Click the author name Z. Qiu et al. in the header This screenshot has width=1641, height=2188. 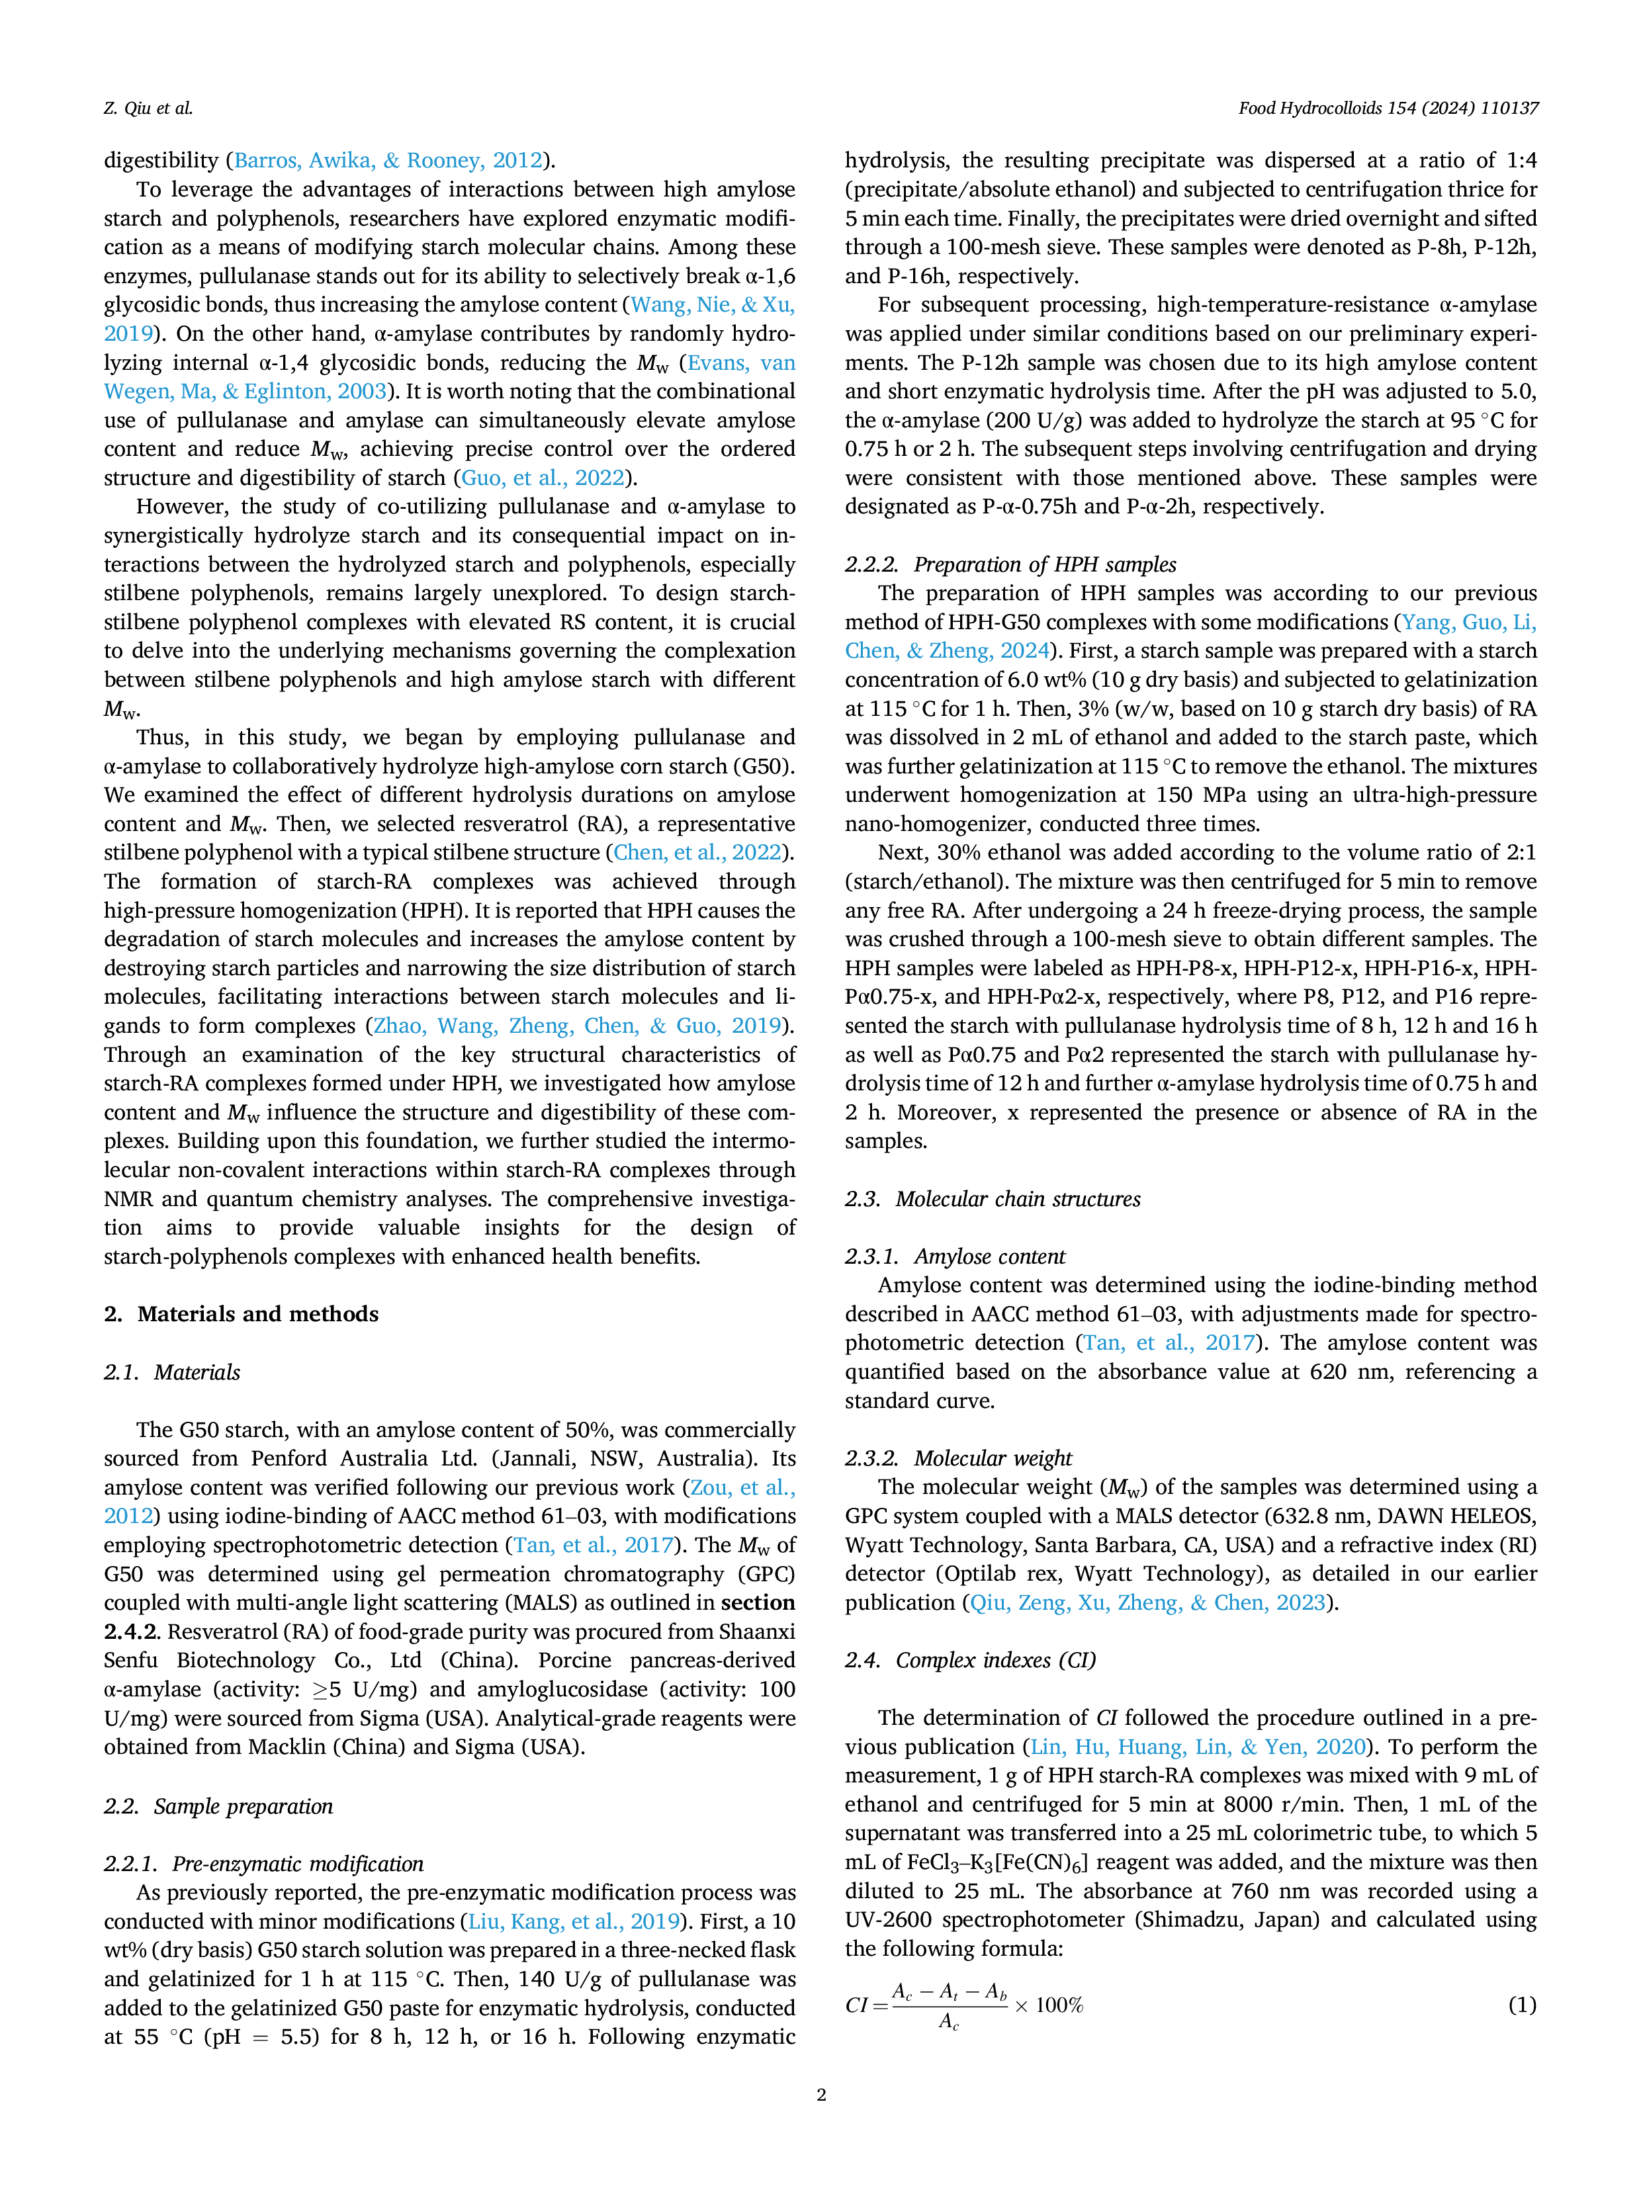coord(148,108)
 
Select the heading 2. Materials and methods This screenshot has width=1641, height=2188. coord(242,1313)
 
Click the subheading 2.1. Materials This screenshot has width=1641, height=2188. coord(172,1372)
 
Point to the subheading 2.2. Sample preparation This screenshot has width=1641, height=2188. coord(218,1806)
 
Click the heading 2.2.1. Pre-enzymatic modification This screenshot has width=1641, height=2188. coord(264,1864)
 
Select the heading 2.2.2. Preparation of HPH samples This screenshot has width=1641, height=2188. coord(1011,565)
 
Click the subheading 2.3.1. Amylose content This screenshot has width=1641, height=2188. coord(955,1256)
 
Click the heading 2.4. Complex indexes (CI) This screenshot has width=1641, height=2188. coord(970,1660)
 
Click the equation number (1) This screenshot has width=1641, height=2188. coord(1523,2005)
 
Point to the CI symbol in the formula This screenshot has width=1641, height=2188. coord(857,2005)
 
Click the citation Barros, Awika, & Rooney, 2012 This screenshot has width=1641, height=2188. coord(388,160)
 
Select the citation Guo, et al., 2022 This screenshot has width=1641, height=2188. coord(544,478)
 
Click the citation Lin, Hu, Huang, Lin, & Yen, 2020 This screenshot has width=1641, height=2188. coord(1199,1747)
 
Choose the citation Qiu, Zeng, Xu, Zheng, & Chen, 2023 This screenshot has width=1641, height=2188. coord(1147,1602)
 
